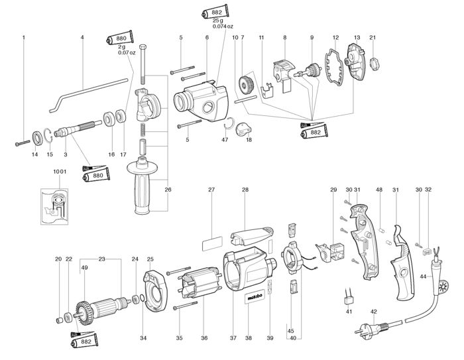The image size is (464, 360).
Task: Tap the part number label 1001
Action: point(60,172)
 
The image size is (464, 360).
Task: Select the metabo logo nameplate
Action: point(254,298)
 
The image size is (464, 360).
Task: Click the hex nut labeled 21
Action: point(375,64)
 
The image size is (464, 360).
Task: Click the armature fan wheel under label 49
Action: point(85,313)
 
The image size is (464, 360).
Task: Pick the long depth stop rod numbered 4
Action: point(89,95)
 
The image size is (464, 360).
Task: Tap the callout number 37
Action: point(233,338)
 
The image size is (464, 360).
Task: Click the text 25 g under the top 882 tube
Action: point(218,21)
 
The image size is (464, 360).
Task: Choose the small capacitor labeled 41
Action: point(349,299)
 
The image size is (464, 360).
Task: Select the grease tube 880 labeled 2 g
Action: point(119,38)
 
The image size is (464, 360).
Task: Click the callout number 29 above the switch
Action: point(333,190)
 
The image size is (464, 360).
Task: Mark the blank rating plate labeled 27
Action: point(212,244)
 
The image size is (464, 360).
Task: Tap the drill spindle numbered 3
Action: point(78,127)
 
